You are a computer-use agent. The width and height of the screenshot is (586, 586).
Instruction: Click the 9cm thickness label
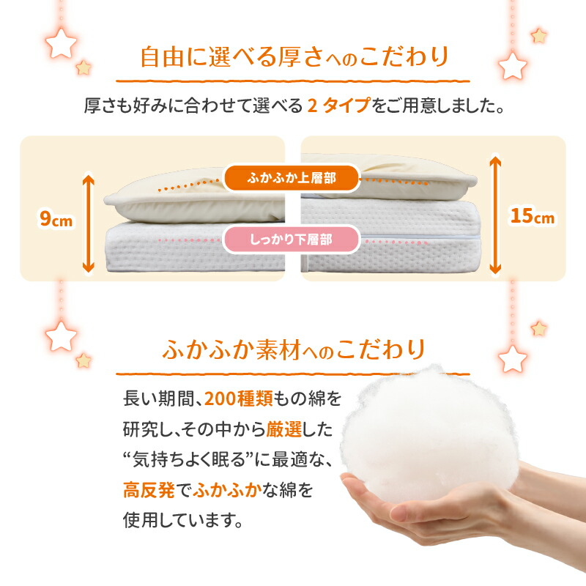[x=56, y=219]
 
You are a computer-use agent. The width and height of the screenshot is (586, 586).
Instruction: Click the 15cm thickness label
[x=533, y=216]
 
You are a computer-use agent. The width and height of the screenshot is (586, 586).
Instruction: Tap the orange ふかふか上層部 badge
[x=292, y=178]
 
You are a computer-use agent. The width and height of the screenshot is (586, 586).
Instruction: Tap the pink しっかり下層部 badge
[x=292, y=240]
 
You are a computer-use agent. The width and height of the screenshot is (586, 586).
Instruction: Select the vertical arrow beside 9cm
[x=89, y=223]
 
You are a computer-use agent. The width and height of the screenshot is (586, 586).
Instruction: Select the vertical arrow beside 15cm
[x=496, y=215]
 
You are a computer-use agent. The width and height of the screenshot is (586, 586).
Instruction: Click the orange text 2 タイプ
[x=339, y=105]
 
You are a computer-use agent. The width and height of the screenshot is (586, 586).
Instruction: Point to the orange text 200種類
[x=239, y=398]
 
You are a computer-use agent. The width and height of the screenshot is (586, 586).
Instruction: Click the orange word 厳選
[x=283, y=429]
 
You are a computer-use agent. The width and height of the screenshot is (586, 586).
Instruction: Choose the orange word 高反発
[x=149, y=489]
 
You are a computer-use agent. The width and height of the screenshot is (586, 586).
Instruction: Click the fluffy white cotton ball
[x=430, y=434]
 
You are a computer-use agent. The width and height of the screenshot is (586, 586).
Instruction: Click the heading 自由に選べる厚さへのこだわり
[x=294, y=57]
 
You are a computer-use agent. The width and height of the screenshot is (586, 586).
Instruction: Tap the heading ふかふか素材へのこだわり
[x=294, y=350]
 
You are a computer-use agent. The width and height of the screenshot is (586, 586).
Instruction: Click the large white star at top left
[x=61, y=43]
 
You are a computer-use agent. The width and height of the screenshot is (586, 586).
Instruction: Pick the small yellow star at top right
[x=539, y=36]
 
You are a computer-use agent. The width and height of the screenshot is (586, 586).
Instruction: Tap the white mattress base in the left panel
[x=195, y=248]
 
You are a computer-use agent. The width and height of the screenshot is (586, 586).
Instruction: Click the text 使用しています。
[x=183, y=520]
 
